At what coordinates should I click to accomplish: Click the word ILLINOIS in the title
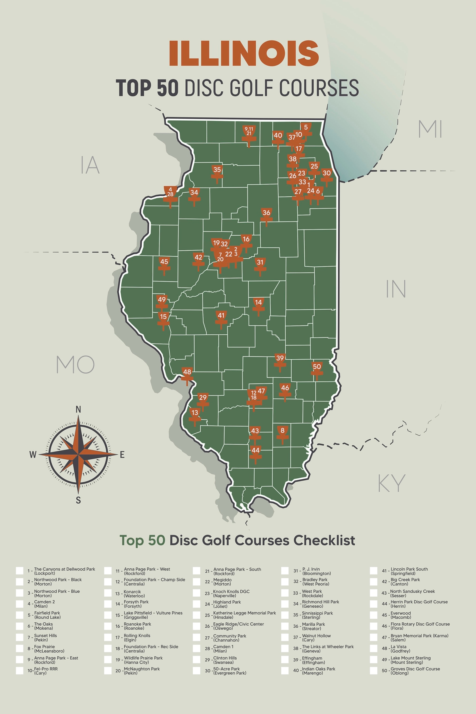tap(244, 54)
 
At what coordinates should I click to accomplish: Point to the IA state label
tap(90, 165)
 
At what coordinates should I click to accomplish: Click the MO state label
tap(75, 365)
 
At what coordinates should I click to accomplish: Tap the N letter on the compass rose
tap(78, 410)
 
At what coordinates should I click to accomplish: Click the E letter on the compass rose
tap(122, 454)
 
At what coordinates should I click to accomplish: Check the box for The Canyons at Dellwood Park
tap(20, 571)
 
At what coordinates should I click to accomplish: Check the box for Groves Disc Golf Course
tap(373, 671)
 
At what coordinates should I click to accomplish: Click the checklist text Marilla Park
tap(313, 624)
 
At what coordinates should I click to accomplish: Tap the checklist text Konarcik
tap(132, 592)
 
